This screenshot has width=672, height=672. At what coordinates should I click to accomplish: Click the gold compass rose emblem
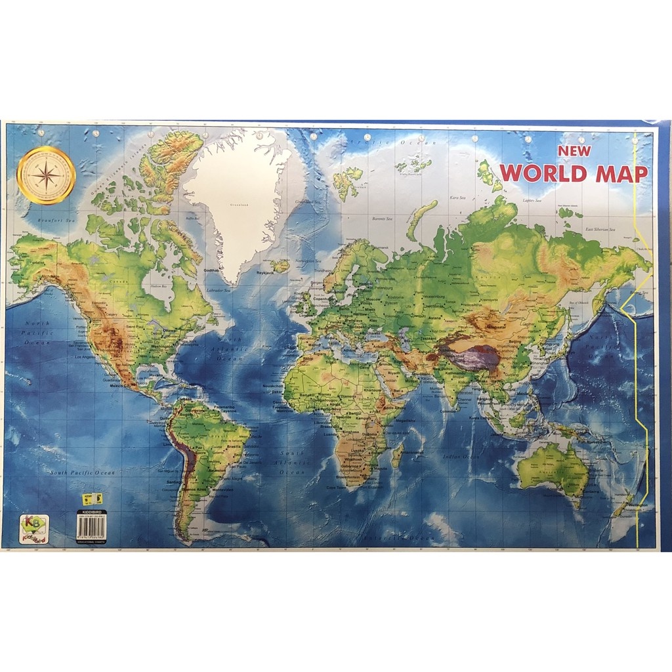46,175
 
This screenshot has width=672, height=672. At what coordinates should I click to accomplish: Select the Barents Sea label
381,219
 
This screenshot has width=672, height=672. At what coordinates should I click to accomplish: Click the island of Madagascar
397,454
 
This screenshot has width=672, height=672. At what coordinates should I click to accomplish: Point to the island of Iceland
280,266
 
